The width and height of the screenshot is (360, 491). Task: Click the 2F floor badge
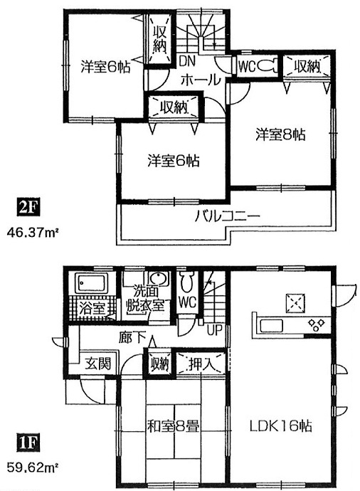pyautogui.click(x=28, y=208)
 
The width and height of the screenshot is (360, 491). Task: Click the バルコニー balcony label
pyautogui.click(x=227, y=216)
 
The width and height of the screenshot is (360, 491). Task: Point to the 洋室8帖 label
pyautogui.click(x=280, y=134)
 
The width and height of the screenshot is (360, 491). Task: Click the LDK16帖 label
pyautogui.click(x=280, y=426)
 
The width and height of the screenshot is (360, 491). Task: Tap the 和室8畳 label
pyautogui.click(x=173, y=426)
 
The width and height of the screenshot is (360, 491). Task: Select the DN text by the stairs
pyautogui.click(x=187, y=61)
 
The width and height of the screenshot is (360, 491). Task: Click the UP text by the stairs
pyautogui.click(x=215, y=329)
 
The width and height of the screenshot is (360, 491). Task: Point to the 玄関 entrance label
pyautogui.click(x=98, y=364)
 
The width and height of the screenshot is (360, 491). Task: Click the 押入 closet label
pyautogui.click(x=201, y=364)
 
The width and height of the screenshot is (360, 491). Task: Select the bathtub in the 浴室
pyautogui.click(x=91, y=283)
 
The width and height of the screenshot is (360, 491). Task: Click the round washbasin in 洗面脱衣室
pyautogui.click(x=159, y=278)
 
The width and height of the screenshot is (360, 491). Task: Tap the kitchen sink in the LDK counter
pyautogui.click(x=271, y=326)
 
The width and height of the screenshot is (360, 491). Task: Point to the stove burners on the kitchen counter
pyautogui.click(x=316, y=325)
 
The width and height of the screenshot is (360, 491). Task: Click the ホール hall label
pyautogui.click(x=201, y=80)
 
